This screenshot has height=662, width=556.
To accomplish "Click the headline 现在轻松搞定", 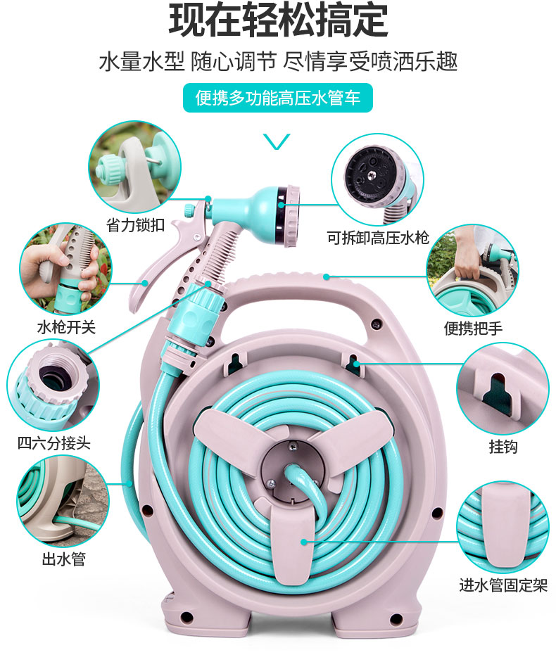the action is [x=278, y=19].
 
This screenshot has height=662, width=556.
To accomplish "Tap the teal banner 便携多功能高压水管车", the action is [x=277, y=98].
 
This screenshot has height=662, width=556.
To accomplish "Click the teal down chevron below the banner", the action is [x=277, y=141].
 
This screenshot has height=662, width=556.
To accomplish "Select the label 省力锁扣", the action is [x=135, y=225].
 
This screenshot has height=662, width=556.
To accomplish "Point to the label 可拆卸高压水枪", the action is [x=378, y=238].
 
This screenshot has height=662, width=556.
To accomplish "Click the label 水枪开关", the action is [x=67, y=327].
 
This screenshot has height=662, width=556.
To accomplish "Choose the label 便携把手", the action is [x=473, y=328].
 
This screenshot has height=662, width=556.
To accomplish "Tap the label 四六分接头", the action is [x=53, y=443].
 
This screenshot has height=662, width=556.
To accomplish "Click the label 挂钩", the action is [x=503, y=446].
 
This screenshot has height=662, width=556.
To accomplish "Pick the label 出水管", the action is [x=64, y=559].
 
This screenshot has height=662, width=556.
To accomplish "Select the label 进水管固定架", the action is [x=503, y=585].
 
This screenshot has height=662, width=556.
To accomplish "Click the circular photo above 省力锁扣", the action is [x=134, y=167].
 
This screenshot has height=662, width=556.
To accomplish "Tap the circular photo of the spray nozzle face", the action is [x=377, y=180].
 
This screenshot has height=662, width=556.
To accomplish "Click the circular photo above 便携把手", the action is [x=472, y=271].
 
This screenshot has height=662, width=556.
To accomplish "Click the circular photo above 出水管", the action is [x=63, y=501].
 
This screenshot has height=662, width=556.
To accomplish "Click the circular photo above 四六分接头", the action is [x=53, y=386].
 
